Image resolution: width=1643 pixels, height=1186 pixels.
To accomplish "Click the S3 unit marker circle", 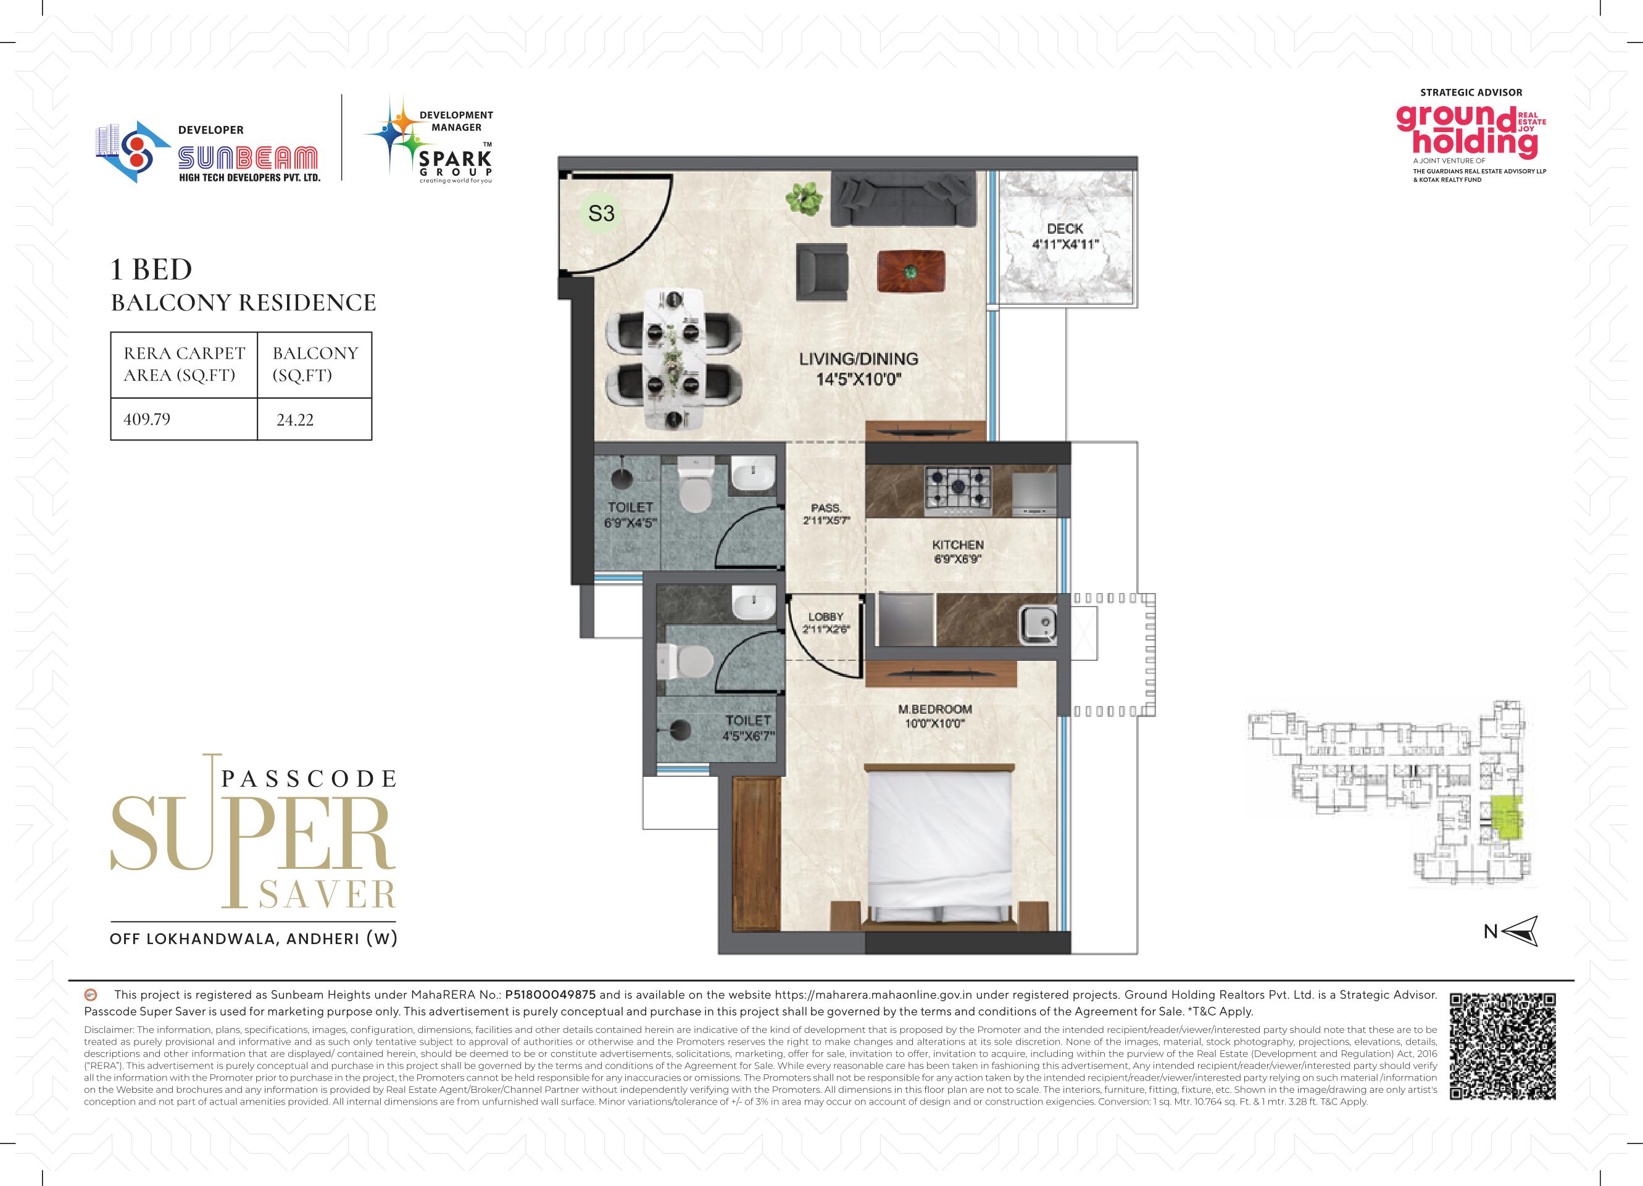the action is pos(601,213).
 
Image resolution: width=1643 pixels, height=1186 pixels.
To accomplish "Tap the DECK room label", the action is pos(1065,228).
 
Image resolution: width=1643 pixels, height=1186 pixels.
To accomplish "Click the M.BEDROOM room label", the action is pos(934,709).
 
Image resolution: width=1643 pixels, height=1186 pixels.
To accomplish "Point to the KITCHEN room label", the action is pos(958,544).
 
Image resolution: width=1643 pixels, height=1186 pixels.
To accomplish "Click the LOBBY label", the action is pos(826,617).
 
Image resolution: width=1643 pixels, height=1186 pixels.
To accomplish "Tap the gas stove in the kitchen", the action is pos(958,491).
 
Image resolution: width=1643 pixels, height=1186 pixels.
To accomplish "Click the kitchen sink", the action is pos(1038,621).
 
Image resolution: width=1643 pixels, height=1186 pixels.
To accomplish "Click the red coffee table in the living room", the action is pos(910,272).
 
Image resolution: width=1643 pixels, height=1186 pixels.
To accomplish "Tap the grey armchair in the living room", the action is pos(822,272).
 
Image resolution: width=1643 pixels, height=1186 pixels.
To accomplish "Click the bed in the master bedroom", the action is pos(938,847).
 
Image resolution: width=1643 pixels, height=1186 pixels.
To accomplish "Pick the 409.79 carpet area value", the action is pos(147,419).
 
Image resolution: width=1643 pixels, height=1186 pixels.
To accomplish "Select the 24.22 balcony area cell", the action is pos(295,420).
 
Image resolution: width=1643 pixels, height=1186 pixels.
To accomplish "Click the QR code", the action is pos(1502,1047).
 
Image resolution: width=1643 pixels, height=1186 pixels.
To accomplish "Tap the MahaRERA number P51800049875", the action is pos(550,995).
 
